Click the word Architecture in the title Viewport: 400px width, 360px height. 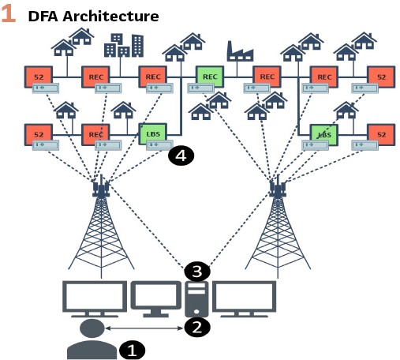110,17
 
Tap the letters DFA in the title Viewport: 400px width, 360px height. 43,17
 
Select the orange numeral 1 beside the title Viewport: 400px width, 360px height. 8,13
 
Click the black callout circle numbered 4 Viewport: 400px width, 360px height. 181,156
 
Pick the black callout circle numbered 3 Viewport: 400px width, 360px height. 197,271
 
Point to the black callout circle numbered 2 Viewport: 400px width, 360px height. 197,328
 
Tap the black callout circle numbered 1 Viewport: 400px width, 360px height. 132,351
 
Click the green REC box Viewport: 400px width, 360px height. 210,77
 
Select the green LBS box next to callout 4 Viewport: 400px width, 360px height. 153,134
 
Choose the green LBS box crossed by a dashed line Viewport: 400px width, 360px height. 324,135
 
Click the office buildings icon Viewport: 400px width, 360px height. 124,45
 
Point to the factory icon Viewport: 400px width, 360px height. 240,51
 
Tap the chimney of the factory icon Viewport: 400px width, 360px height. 230,47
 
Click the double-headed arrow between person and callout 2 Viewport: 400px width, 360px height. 144,328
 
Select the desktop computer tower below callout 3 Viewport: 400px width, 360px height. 196,299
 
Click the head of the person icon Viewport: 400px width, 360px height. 92,328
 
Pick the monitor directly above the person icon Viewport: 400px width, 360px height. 95,299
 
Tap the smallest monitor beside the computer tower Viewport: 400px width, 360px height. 156,299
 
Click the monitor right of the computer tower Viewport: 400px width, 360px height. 244,299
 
